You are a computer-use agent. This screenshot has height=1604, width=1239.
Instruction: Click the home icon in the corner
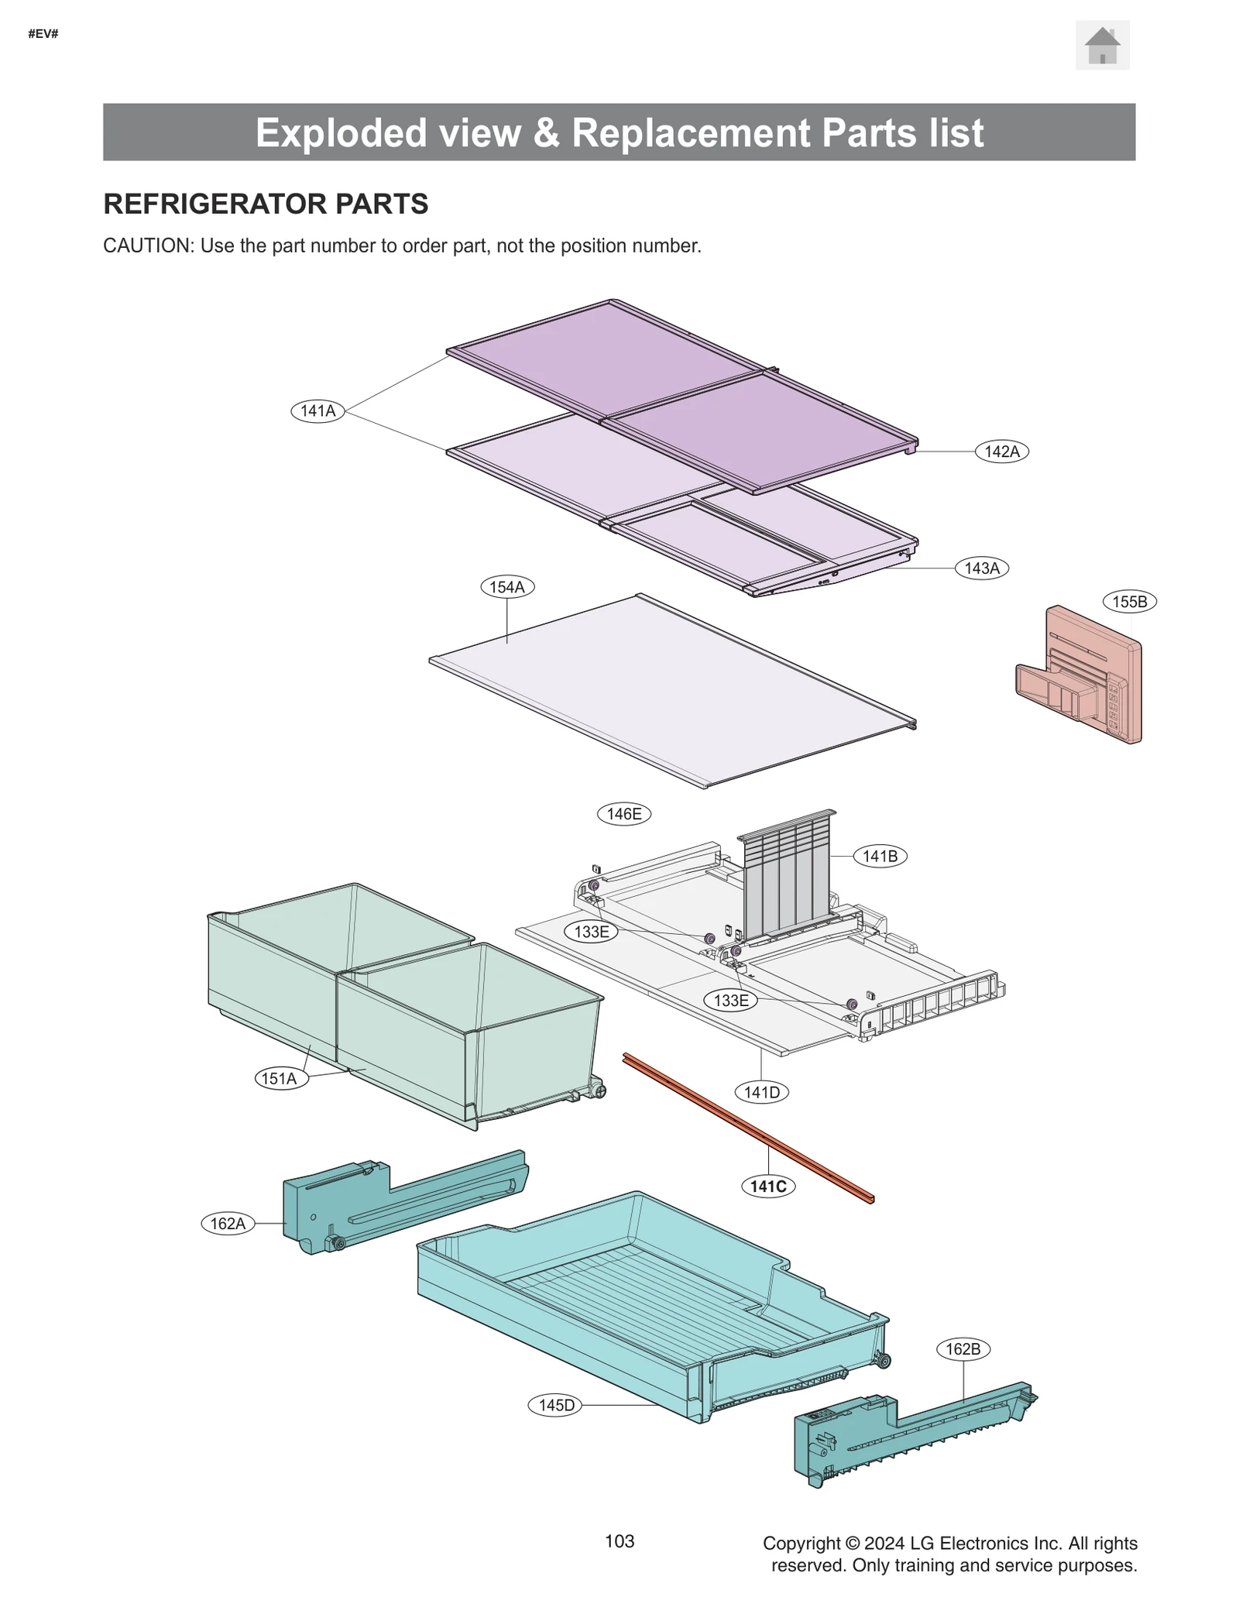(x=1102, y=46)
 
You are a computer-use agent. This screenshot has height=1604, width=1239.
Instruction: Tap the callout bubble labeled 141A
(x=317, y=410)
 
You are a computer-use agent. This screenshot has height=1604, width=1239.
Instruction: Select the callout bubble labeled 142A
(x=1001, y=451)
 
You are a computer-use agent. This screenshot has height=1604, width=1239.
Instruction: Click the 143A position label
(x=981, y=568)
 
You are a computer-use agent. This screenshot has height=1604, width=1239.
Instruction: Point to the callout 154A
(x=506, y=587)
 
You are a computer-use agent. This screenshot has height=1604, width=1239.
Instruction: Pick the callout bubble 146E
(x=623, y=814)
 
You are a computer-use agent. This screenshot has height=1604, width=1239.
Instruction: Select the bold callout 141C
(x=767, y=1186)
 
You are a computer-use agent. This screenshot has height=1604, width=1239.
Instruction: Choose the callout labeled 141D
(x=761, y=1092)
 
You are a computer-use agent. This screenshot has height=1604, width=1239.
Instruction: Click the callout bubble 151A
(x=280, y=1078)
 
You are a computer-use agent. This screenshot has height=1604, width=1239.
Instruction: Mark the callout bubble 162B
(x=963, y=1349)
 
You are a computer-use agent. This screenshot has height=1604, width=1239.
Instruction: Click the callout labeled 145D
(x=555, y=1405)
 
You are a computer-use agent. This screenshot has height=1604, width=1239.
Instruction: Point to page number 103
(x=619, y=1541)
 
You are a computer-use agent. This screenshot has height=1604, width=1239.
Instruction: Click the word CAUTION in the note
(x=147, y=246)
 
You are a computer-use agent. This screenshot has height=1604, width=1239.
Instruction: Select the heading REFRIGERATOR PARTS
(x=266, y=204)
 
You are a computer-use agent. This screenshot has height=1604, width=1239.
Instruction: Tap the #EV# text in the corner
(x=43, y=34)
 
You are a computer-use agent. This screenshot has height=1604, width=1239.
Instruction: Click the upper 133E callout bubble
(x=591, y=931)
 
